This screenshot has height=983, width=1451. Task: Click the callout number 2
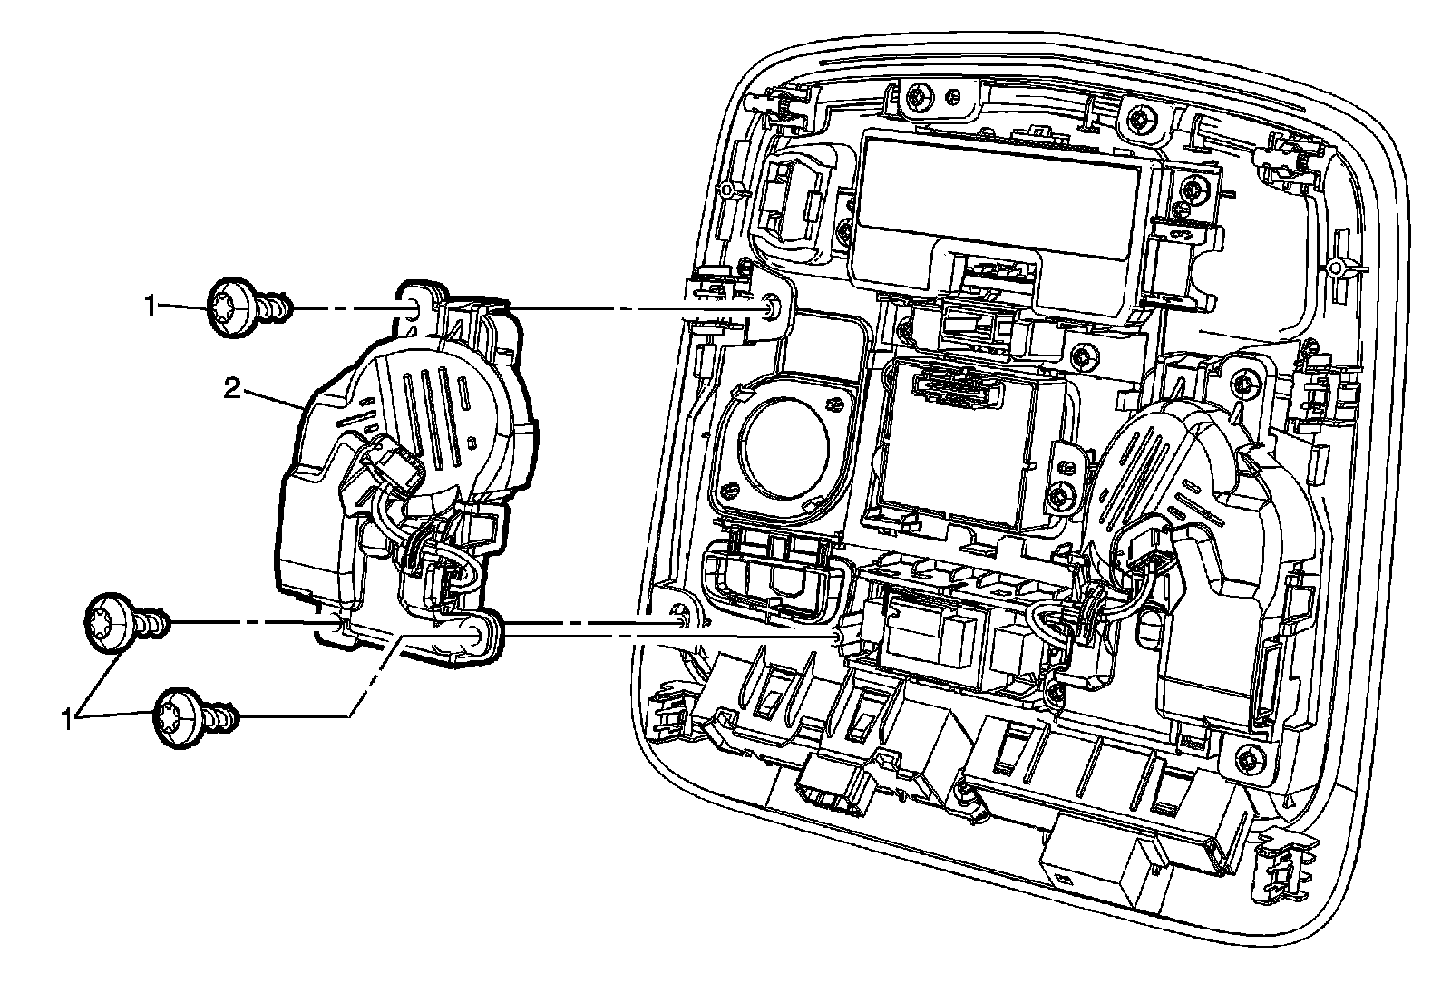pos(232,390)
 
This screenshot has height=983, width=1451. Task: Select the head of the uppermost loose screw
pos(231,308)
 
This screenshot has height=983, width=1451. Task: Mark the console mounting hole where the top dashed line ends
pos(771,309)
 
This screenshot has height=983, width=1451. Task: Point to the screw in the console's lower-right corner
pos(1248,758)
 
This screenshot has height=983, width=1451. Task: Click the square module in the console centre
pos(961,444)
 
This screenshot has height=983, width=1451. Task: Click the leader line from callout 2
pos(272,399)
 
